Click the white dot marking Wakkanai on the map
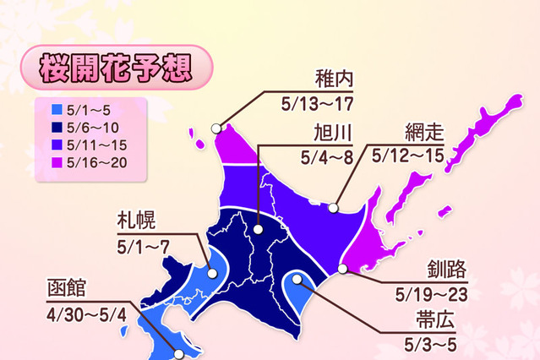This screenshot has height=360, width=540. (x=216, y=128)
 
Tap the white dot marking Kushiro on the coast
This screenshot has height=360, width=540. (x=343, y=270)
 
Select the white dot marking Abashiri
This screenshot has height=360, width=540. (x=335, y=205)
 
